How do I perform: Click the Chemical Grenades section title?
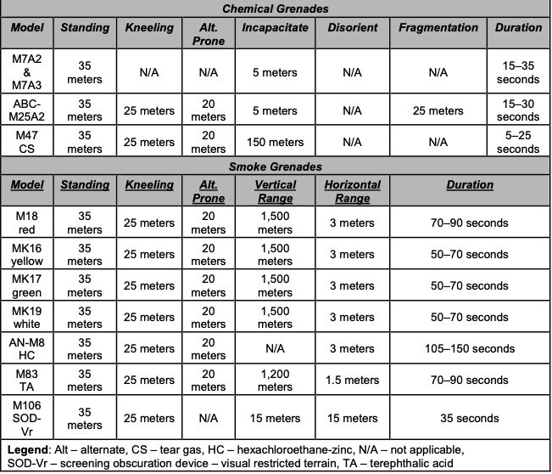(276, 8)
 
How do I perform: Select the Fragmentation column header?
(438, 27)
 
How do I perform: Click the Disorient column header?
(353, 27)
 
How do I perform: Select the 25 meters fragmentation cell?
(438, 110)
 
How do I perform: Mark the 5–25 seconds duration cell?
(518, 142)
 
